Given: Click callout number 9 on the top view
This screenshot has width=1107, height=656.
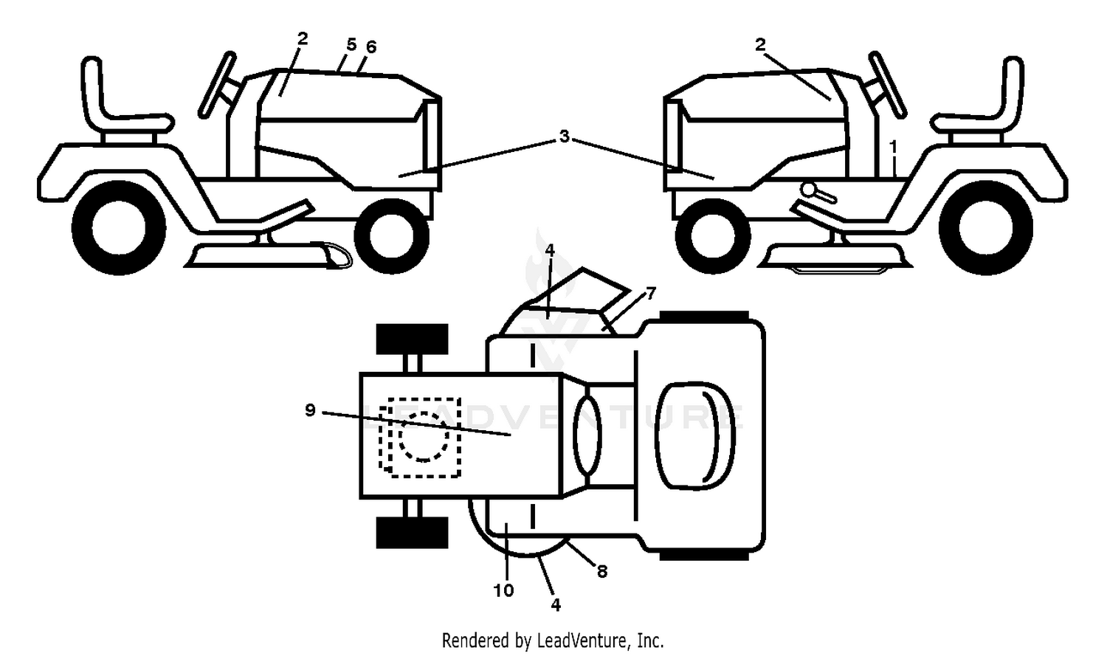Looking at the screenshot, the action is tap(310, 410).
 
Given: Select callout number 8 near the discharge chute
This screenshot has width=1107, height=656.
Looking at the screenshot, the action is tap(602, 572).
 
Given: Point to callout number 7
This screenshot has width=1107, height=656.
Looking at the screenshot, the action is tap(651, 294).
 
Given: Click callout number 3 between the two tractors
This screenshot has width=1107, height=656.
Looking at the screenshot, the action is tap(565, 136).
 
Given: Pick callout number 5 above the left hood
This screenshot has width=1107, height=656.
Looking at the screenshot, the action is tap(351, 44).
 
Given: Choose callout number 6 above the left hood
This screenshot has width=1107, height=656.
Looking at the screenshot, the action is tap(371, 47).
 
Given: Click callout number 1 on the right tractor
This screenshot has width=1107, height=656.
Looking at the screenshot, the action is tap(893, 147).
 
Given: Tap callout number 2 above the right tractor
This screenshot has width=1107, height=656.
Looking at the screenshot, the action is tap(760, 44).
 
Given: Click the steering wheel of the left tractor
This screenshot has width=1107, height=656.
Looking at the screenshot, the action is tap(216, 85).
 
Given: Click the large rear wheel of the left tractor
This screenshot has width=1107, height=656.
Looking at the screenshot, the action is tap(119, 228).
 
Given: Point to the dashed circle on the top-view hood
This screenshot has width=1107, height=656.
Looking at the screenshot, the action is tap(424, 437).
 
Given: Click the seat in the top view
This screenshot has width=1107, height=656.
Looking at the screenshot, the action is tap(695, 435).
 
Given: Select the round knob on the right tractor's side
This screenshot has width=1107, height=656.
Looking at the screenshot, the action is tap(809, 189).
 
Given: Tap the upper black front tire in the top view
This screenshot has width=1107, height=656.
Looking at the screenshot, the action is tap(412, 339).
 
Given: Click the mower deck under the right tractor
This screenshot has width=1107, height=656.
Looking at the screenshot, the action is tap(835, 256).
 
